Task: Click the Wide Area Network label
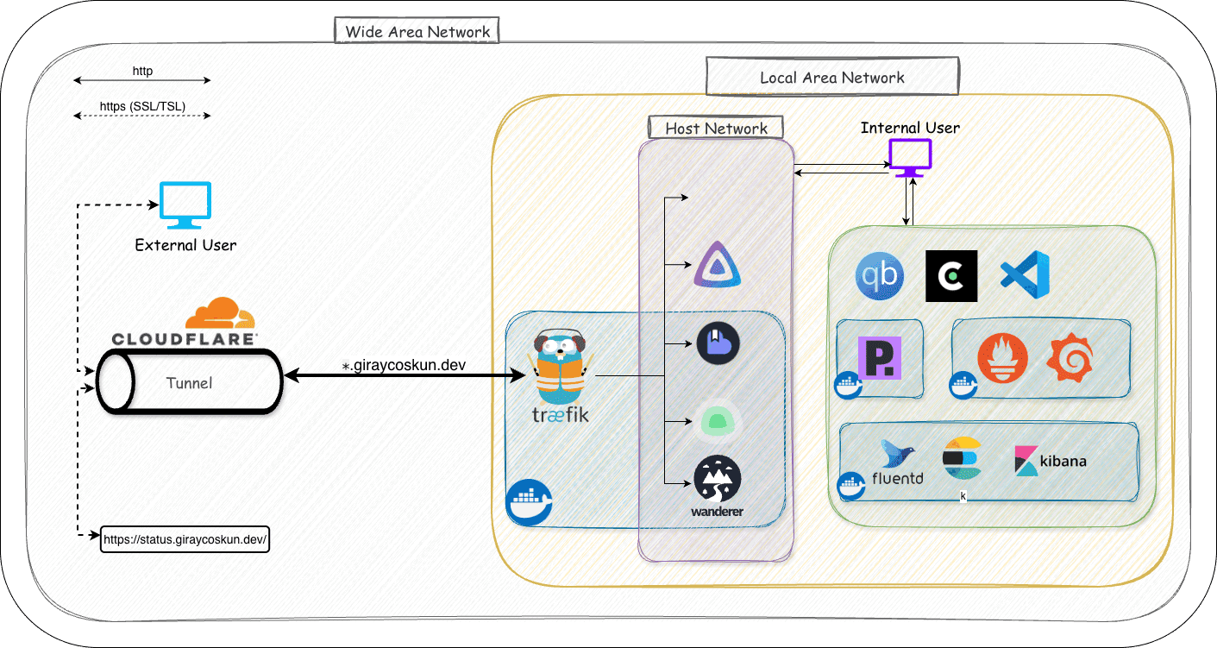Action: [417, 32]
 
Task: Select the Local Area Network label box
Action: [831, 77]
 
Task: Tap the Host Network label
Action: [716, 129]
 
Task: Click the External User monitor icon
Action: [185, 205]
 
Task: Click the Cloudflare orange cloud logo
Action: [213, 312]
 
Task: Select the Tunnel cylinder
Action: [190, 381]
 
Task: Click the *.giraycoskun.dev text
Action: [404, 365]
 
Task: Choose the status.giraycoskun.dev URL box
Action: [185, 540]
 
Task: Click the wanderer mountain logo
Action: [718, 481]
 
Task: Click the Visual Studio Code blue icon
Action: [1025, 276]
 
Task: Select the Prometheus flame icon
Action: [1002, 360]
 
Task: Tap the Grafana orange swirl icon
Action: [1070, 360]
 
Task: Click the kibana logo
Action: [1051, 461]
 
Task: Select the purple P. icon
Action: [881, 358]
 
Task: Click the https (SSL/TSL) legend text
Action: [142, 107]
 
